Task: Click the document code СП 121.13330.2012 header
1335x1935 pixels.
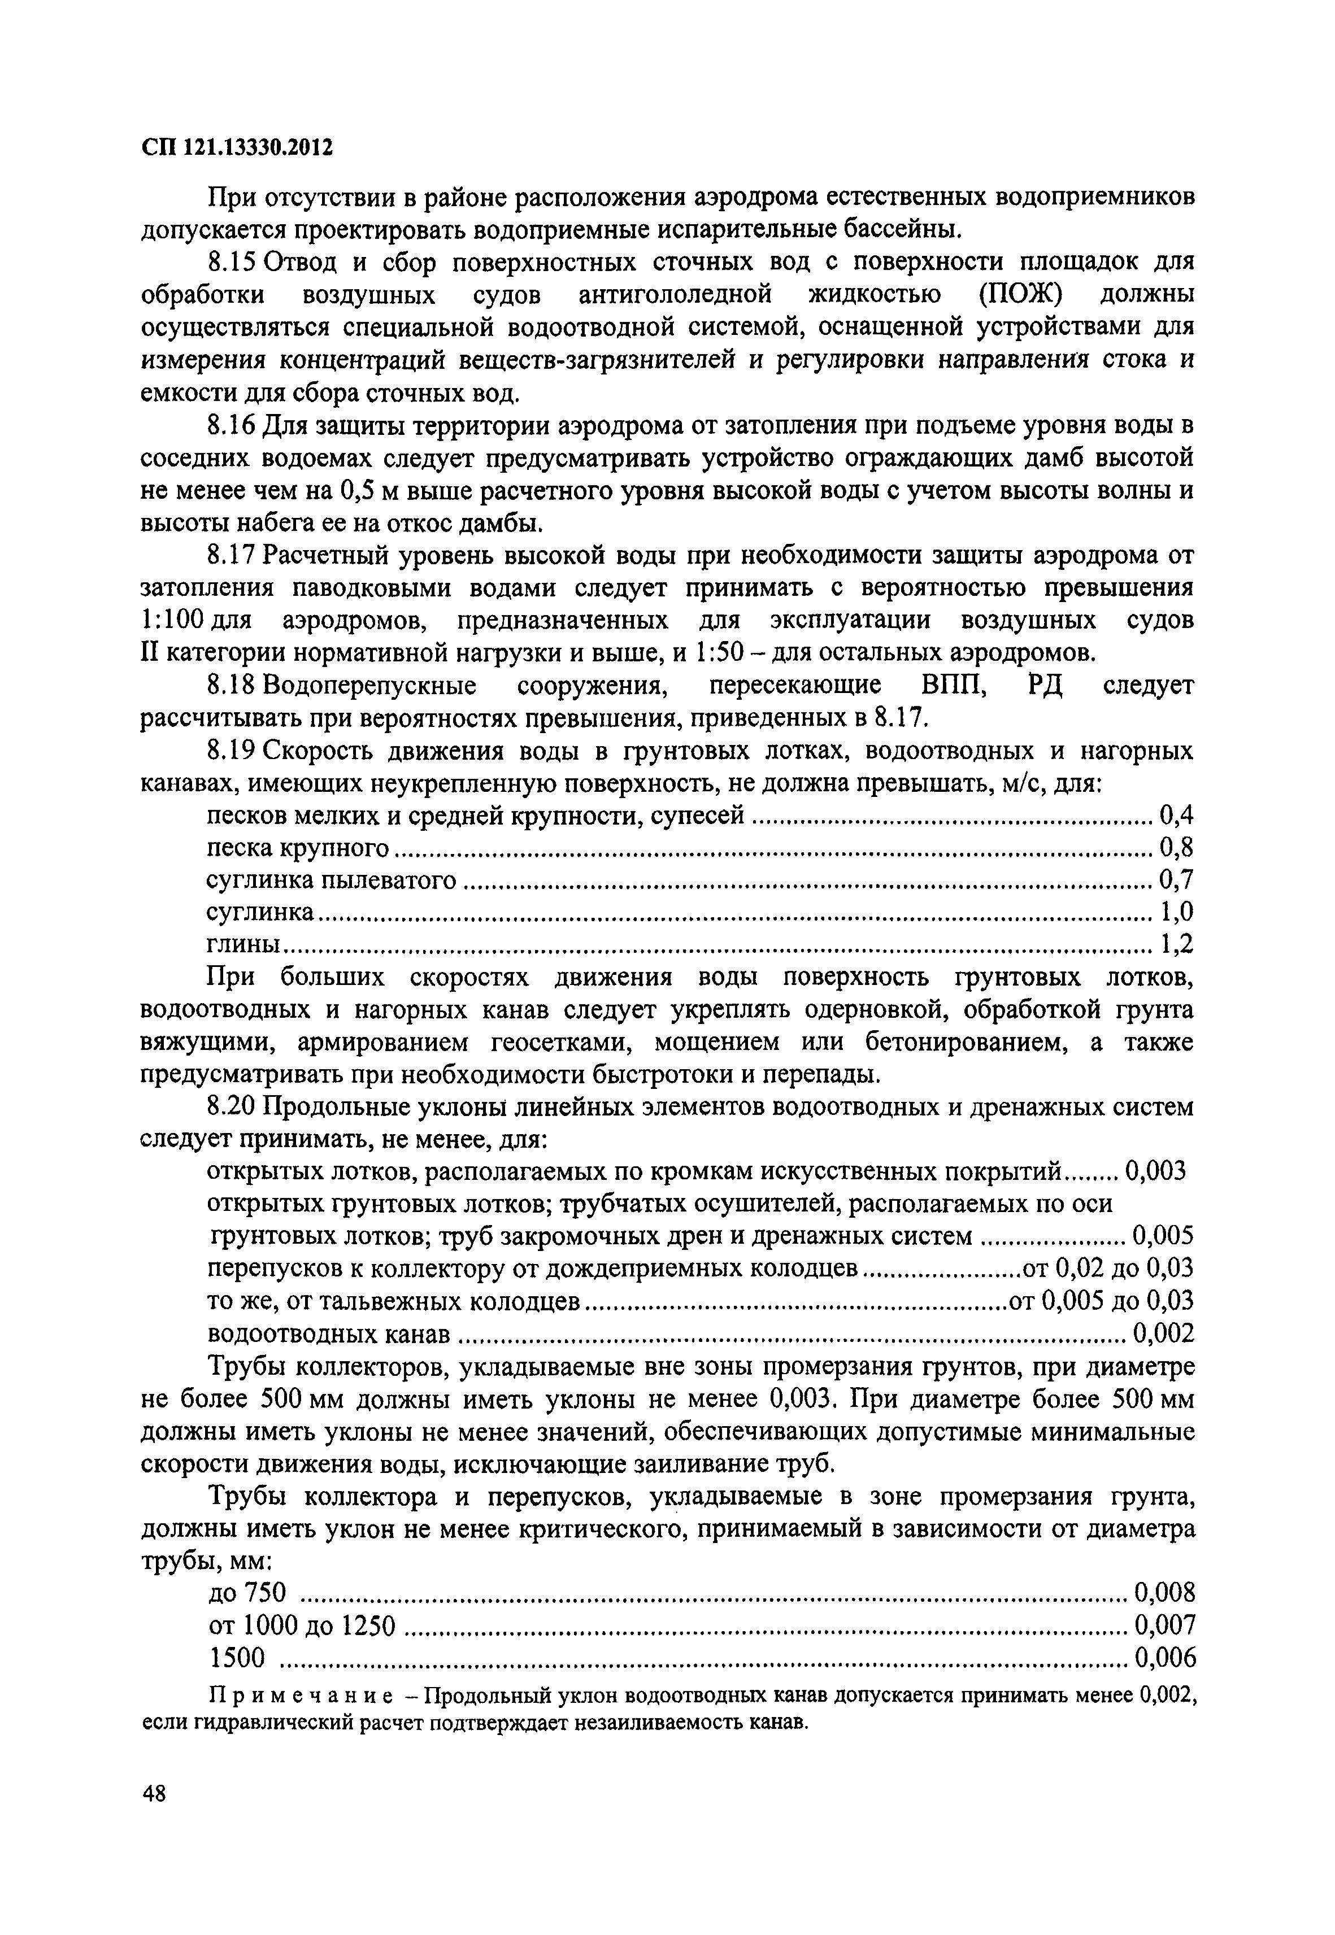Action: pos(237,148)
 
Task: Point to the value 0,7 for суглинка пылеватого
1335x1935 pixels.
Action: pos(1175,880)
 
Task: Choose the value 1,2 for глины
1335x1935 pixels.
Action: pos(1175,945)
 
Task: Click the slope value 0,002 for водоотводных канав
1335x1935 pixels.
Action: pos(1163,1333)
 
